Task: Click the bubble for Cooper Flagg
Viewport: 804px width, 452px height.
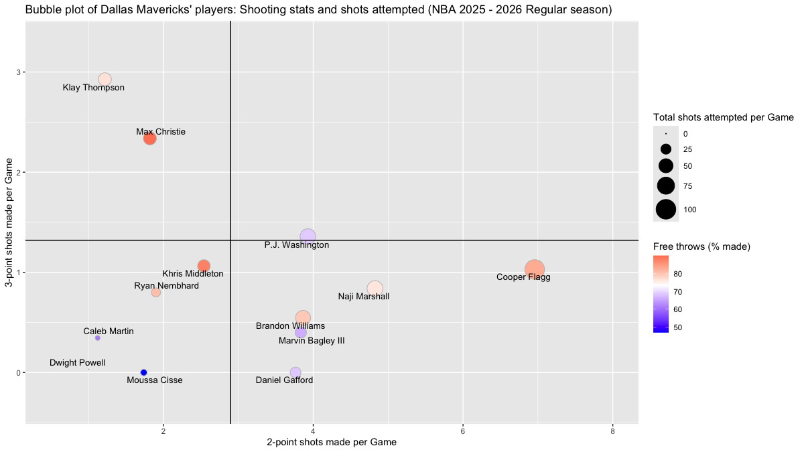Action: [x=534, y=270]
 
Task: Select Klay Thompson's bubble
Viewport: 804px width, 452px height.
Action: [x=105, y=79]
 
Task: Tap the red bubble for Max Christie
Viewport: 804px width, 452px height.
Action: [x=150, y=139]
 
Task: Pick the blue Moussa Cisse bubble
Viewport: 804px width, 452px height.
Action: [x=143, y=372]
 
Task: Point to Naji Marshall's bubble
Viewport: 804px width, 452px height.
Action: [x=375, y=289]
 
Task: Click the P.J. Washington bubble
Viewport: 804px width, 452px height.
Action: [x=308, y=236]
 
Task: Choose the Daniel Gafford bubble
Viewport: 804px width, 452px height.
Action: [x=295, y=372]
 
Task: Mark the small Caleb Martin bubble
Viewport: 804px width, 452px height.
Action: [x=98, y=338]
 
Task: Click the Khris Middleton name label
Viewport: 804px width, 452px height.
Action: [x=193, y=274]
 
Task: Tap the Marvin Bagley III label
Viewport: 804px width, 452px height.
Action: [x=312, y=341]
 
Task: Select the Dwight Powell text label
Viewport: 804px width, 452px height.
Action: [x=77, y=363]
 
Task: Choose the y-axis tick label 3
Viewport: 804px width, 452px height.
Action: [x=18, y=72]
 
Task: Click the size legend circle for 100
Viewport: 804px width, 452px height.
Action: [x=666, y=210]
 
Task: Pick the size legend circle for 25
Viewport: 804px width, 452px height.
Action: [x=666, y=149]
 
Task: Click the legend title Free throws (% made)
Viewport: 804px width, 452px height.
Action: [x=701, y=246]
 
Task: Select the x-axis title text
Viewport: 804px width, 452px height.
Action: [x=332, y=442]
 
